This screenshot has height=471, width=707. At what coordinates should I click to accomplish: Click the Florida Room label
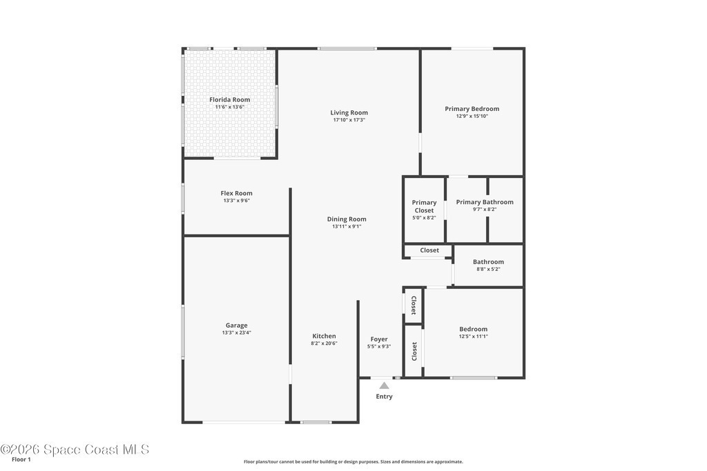(x=229, y=99)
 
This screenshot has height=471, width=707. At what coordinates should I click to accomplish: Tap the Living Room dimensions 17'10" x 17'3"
(x=349, y=120)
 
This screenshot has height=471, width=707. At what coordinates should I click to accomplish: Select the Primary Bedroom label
(x=472, y=109)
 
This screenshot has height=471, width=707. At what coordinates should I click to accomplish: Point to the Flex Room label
(x=237, y=193)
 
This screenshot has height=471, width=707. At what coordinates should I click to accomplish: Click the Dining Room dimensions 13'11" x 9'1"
(x=347, y=226)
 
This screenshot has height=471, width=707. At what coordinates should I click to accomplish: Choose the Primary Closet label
(x=425, y=206)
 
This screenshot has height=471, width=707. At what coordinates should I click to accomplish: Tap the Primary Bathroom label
(x=485, y=202)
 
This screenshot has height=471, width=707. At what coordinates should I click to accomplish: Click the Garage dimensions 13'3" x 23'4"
(x=237, y=333)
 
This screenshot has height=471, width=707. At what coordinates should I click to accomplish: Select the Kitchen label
(x=325, y=336)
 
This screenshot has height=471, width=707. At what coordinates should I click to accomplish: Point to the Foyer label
(x=379, y=339)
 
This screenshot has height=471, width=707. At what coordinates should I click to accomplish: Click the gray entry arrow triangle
(x=384, y=385)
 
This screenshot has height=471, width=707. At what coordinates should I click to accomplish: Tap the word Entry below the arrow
(x=384, y=397)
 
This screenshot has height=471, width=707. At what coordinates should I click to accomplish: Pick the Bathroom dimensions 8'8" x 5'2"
(x=488, y=269)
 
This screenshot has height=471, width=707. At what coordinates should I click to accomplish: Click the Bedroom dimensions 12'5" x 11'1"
(x=474, y=337)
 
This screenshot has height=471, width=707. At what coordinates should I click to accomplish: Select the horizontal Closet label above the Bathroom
(x=429, y=250)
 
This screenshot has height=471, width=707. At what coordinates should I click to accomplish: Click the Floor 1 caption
(x=21, y=460)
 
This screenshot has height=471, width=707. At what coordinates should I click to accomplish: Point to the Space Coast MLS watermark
(x=75, y=450)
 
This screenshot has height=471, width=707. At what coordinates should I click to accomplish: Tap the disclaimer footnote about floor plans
(x=353, y=461)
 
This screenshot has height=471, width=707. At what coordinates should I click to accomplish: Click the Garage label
(x=237, y=325)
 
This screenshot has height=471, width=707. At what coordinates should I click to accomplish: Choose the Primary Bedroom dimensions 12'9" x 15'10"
(x=472, y=116)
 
